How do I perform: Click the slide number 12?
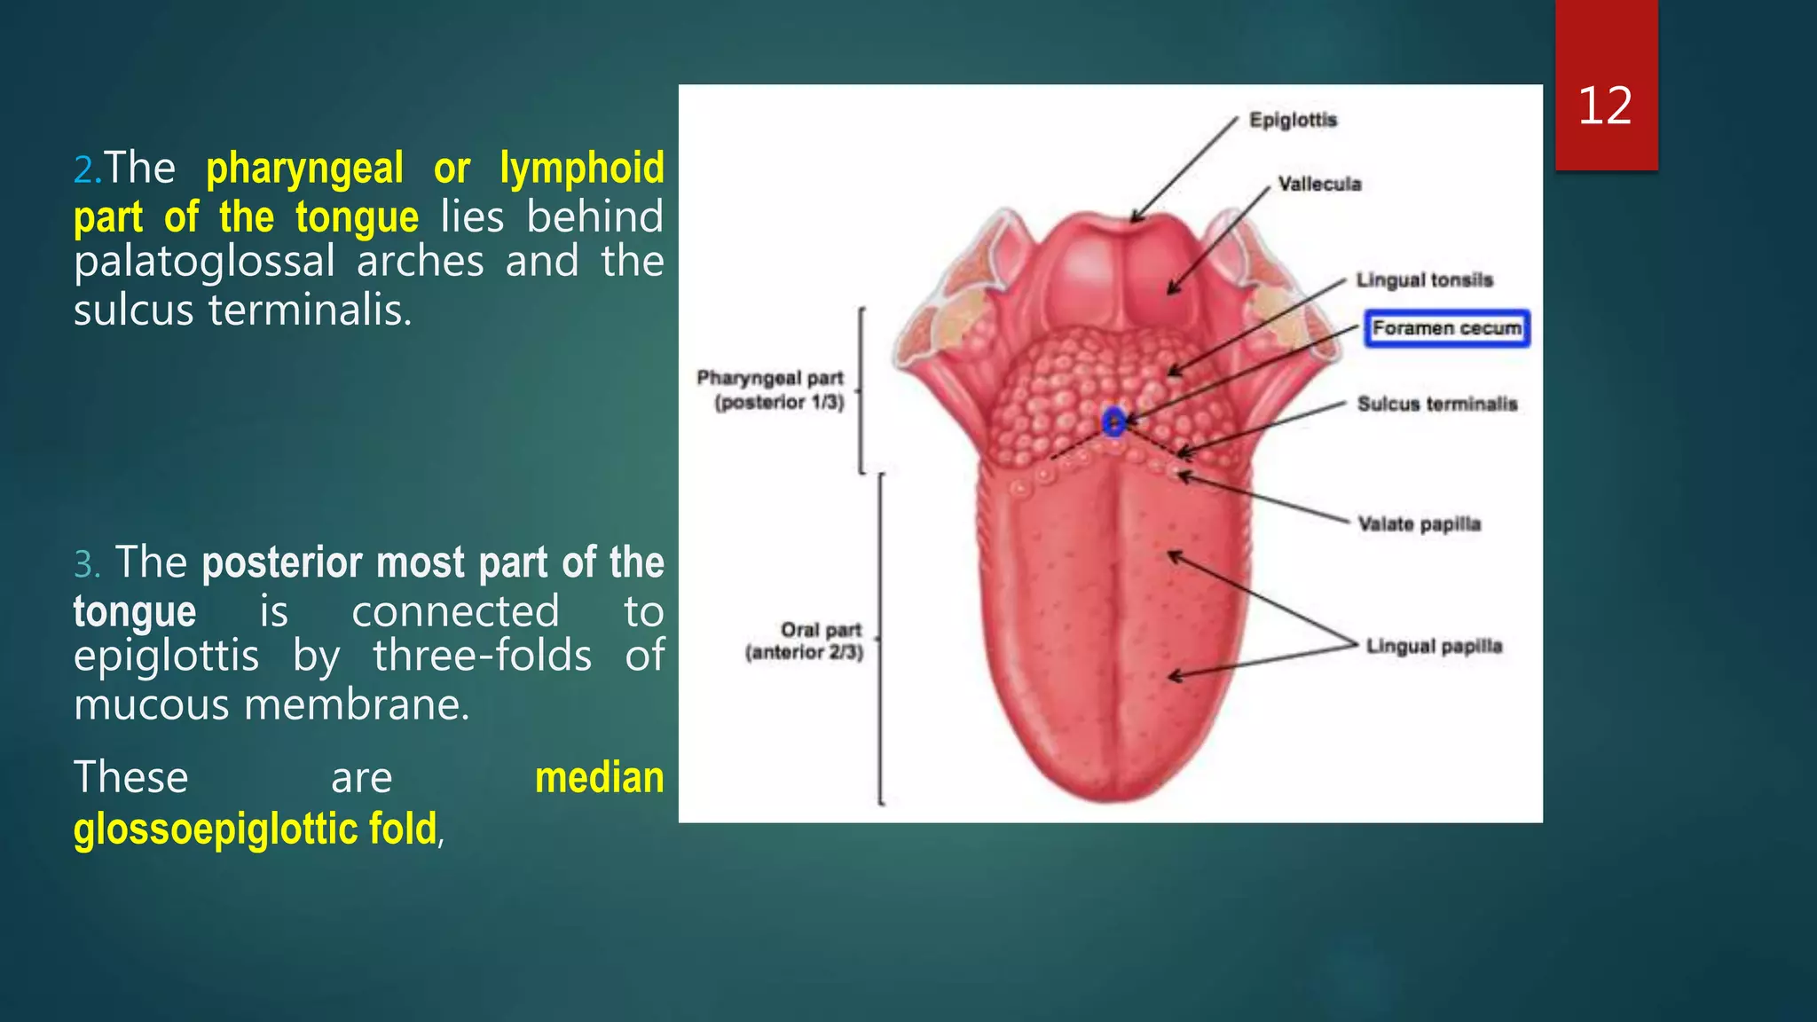click(1605, 106)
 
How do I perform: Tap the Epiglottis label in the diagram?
click(1293, 120)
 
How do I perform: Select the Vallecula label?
click(1319, 185)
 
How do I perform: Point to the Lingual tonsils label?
click(1424, 280)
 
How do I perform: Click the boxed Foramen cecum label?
click(1446, 328)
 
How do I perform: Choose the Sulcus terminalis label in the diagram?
click(1437, 405)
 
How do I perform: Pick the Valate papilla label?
click(1419, 524)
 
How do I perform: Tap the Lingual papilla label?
click(1434, 646)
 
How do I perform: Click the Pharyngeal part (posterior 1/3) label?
click(771, 390)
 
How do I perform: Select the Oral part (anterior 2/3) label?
click(805, 641)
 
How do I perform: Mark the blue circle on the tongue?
click(1113, 421)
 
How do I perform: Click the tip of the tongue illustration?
click(1109, 794)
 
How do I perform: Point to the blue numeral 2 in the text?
click(85, 169)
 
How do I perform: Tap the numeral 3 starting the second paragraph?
click(85, 564)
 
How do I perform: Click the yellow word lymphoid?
click(581, 169)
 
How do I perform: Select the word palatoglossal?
click(204, 262)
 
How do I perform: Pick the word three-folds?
click(482, 656)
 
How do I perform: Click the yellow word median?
click(599, 778)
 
